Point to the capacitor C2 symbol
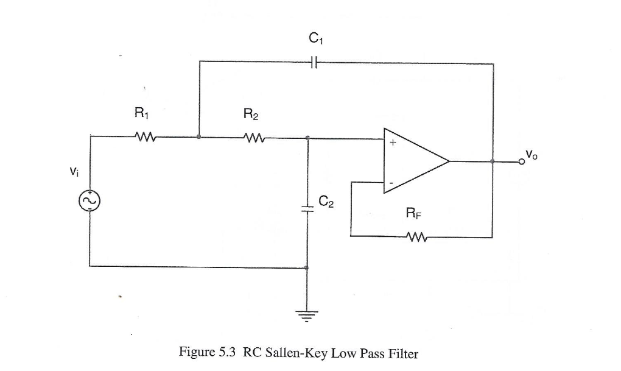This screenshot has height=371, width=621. (308, 208)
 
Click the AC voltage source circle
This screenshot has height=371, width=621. (89, 200)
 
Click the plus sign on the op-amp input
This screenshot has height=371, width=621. (393, 144)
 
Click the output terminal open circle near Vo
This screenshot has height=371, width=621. (522, 162)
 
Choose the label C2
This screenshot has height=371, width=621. (327, 201)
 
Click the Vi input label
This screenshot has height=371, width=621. (74, 172)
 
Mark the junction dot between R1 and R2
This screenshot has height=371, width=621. (199, 137)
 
